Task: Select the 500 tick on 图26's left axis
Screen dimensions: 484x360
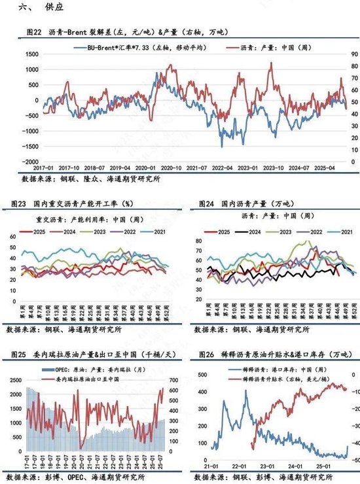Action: (x=197, y=374)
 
